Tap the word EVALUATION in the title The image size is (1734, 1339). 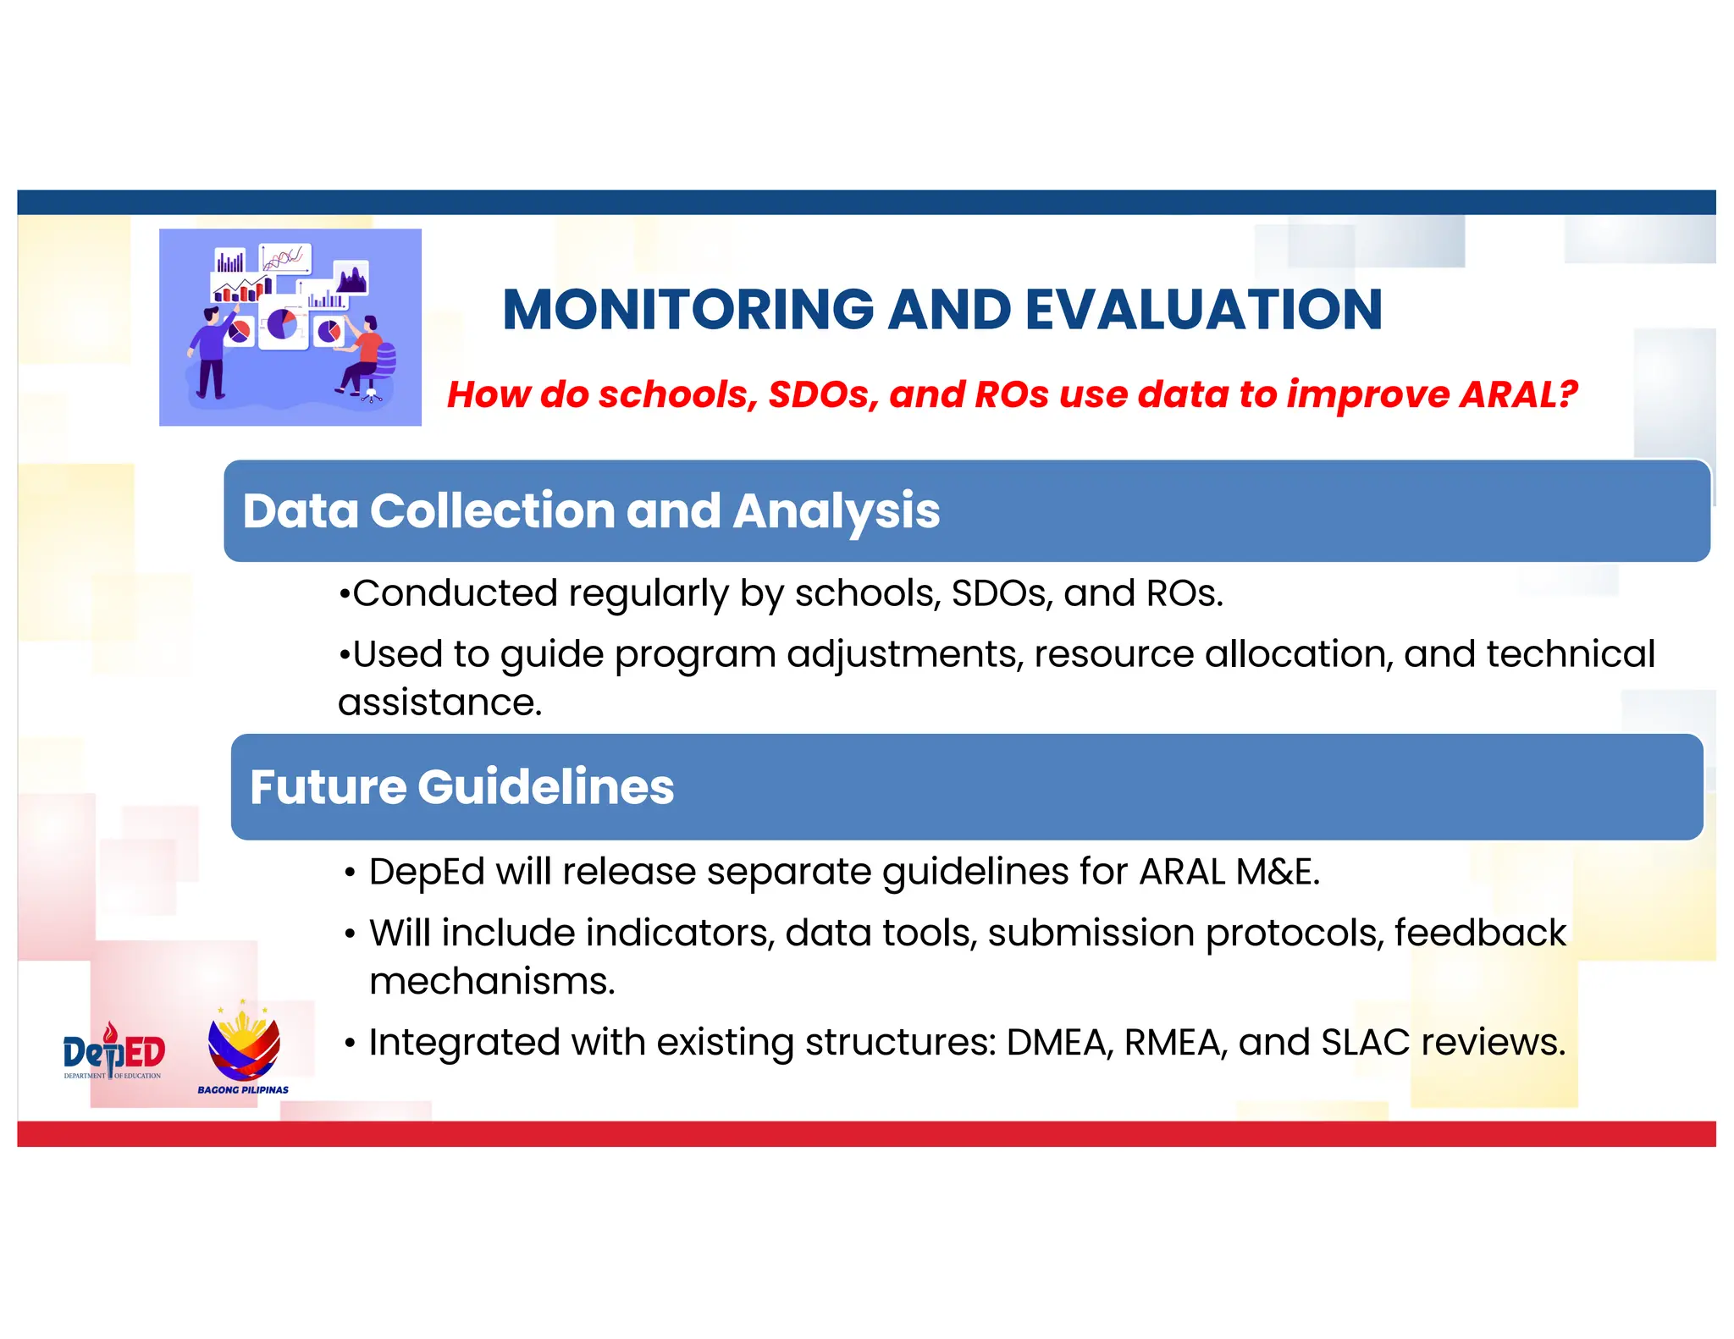(x=1203, y=310)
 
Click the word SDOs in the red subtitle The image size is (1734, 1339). (x=823, y=394)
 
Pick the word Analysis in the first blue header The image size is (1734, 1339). (x=836, y=511)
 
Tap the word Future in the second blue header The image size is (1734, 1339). (x=328, y=787)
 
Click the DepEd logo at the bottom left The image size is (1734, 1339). (x=113, y=1052)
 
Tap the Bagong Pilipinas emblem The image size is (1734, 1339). (x=244, y=1048)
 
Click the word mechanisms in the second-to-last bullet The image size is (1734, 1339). (x=491, y=982)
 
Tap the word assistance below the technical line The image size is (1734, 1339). (x=439, y=703)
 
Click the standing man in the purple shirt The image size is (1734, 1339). (x=209, y=351)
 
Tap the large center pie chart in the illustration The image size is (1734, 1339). (x=283, y=323)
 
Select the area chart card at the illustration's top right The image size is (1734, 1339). (x=351, y=277)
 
